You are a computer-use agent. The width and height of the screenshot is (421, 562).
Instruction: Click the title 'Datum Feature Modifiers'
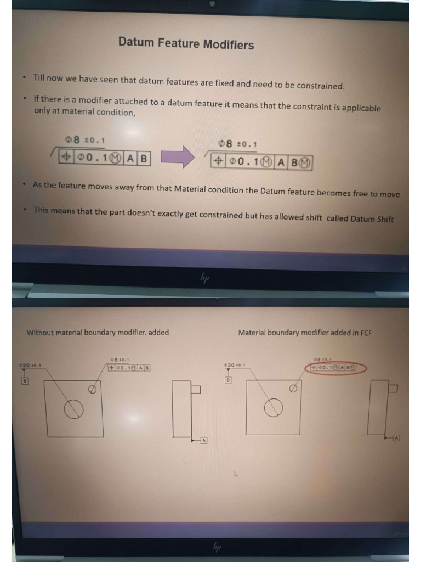click(186, 43)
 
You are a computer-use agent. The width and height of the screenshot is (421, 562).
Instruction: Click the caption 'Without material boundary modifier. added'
click(98, 332)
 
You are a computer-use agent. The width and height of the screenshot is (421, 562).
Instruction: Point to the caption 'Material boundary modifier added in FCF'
click(305, 333)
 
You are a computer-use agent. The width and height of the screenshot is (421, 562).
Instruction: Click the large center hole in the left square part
click(74, 408)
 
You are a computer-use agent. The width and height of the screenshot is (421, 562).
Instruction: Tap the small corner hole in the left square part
click(92, 389)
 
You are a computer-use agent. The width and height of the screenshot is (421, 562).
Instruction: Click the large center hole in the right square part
click(274, 407)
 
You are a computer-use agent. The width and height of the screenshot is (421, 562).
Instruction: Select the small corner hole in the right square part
click(293, 388)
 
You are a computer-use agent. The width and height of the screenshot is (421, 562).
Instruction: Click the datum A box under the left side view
click(203, 440)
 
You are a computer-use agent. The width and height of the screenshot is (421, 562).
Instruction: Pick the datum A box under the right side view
click(396, 437)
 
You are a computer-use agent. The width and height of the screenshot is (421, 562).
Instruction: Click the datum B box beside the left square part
click(25, 380)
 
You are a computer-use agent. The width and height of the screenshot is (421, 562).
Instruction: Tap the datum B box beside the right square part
click(227, 379)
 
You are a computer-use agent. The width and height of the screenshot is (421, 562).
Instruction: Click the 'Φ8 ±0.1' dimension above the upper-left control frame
click(84, 140)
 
